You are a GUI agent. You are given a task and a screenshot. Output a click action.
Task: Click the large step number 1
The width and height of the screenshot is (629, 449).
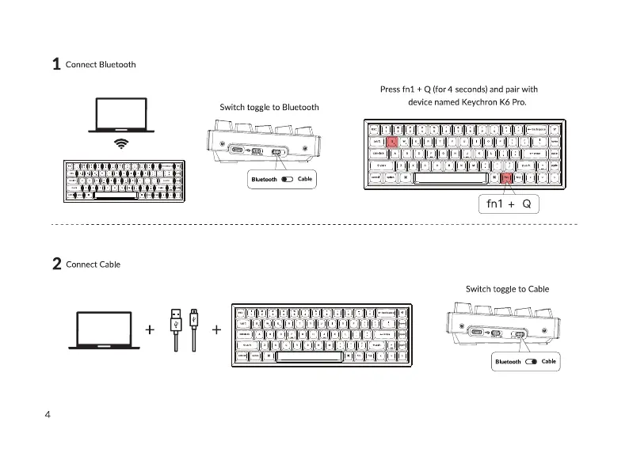point(56,64)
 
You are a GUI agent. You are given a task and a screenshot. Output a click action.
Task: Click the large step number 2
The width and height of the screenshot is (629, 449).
point(56,264)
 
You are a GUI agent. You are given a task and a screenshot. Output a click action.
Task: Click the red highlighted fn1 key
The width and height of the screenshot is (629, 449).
point(506,178)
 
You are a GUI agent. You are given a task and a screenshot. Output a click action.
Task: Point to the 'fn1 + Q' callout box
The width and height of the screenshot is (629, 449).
point(510,204)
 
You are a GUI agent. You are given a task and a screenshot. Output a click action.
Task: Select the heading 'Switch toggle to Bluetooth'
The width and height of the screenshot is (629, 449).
point(269,107)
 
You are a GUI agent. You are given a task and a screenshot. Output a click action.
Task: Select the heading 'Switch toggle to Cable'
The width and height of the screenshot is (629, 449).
point(507,289)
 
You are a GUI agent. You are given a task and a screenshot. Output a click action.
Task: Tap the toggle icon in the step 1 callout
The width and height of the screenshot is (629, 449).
point(287,180)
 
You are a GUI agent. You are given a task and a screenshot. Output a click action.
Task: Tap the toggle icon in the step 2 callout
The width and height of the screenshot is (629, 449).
point(531,362)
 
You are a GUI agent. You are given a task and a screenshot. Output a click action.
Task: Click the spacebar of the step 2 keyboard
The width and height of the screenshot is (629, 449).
point(311,356)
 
